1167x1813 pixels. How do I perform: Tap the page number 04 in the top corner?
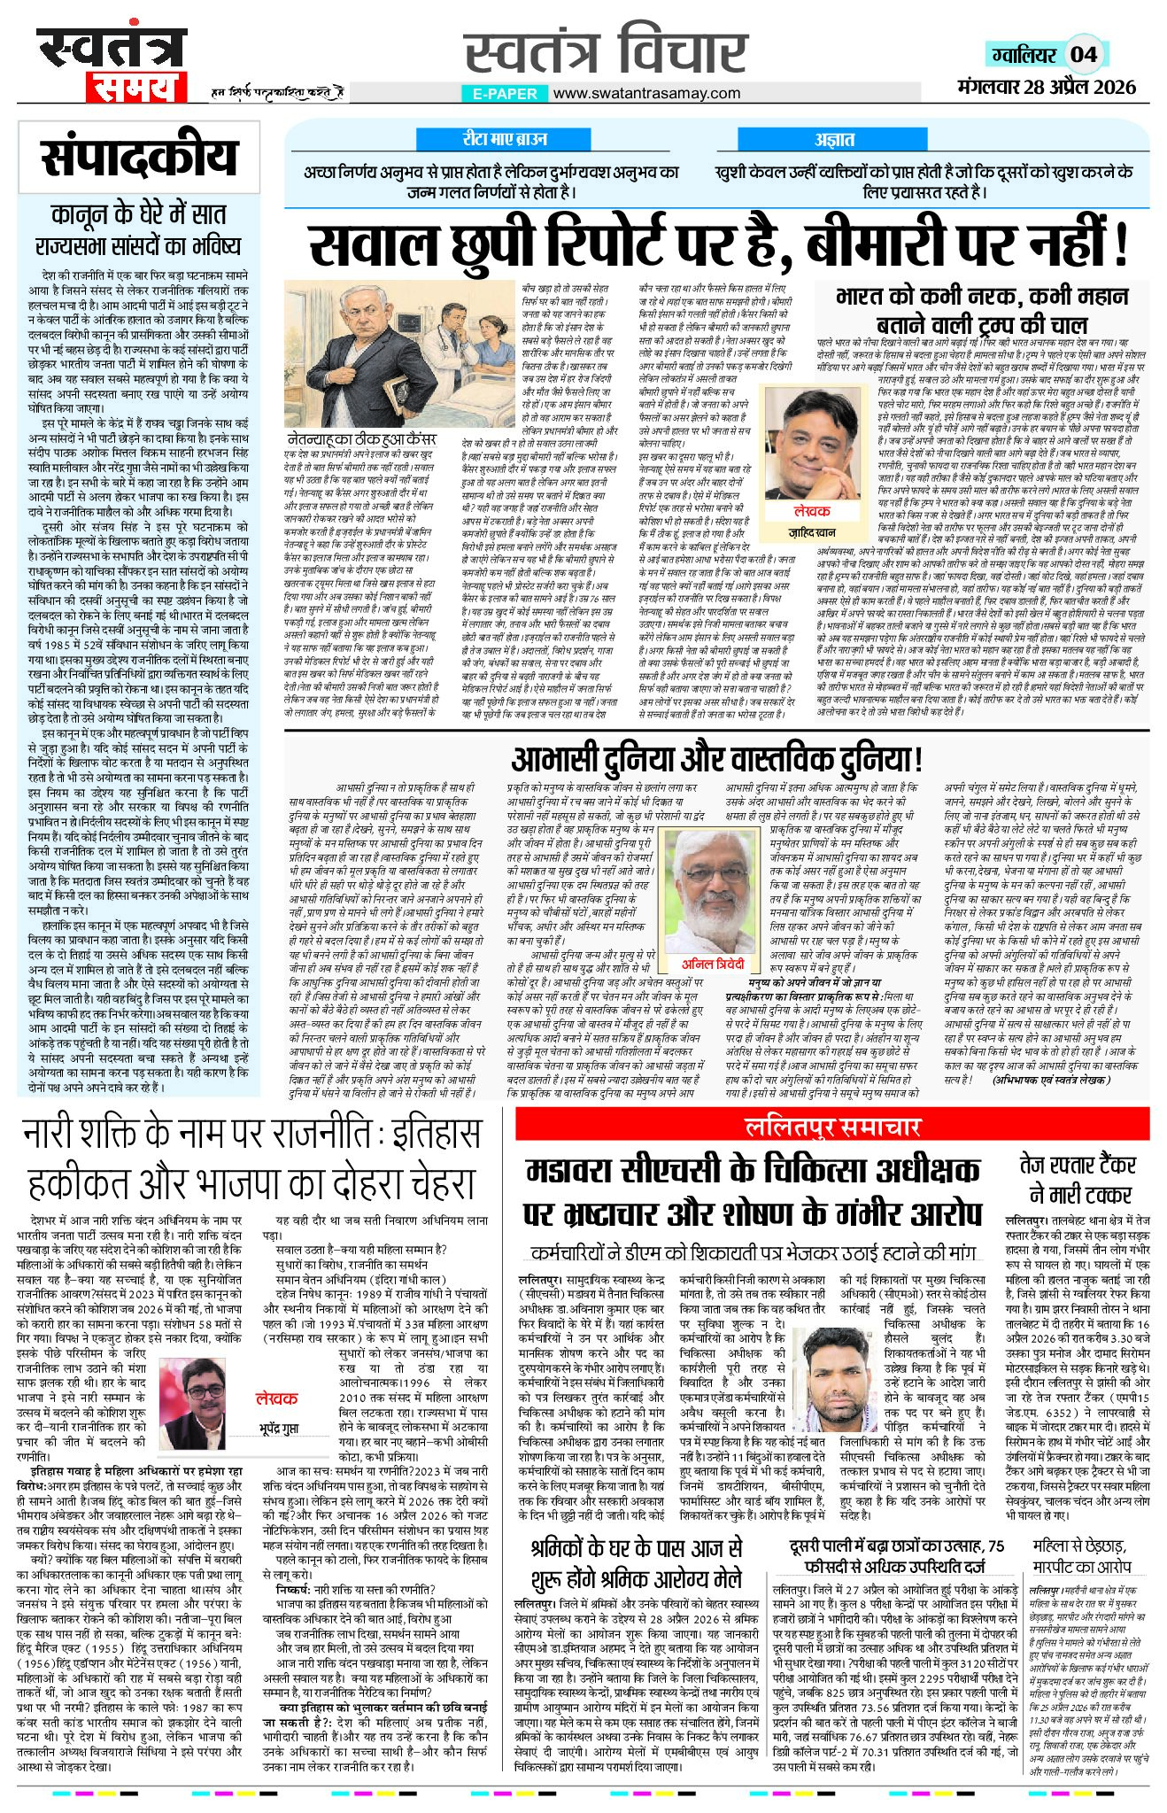[1084, 54]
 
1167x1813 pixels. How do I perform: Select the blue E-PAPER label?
[505, 93]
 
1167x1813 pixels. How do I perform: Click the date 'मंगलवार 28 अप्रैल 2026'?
[1047, 87]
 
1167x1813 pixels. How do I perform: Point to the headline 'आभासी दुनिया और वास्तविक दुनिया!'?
[716, 758]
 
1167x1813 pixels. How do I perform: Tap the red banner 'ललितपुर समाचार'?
[832, 1127]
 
